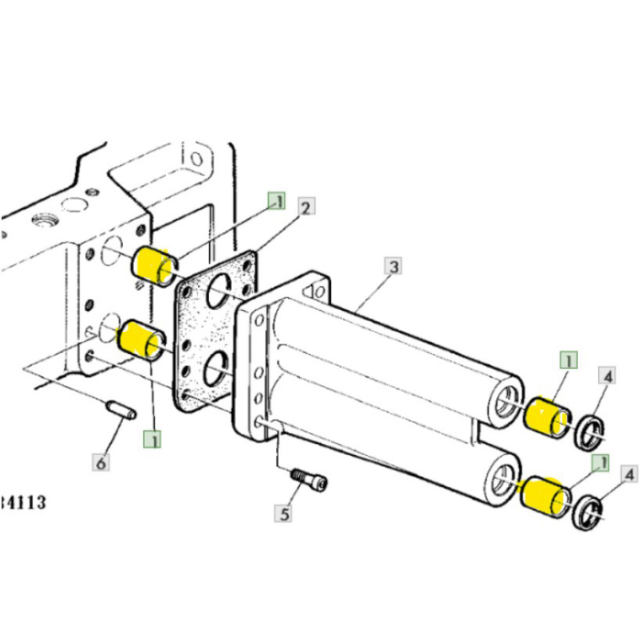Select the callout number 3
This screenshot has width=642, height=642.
[x=393, y=267]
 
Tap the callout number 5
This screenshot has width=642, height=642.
[x=284, y=514]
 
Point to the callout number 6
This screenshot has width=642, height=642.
[x=101, y=463]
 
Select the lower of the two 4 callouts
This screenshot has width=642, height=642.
[x=628, y=474]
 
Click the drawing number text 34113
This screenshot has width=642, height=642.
[x=22, y=502]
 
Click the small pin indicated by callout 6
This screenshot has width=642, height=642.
[x=121, y=408]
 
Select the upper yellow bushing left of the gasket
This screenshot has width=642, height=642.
[x=151, y=265]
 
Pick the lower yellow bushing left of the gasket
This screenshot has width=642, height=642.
[x=142, y=338]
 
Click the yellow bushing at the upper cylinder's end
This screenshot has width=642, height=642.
[x=548, y=416]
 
